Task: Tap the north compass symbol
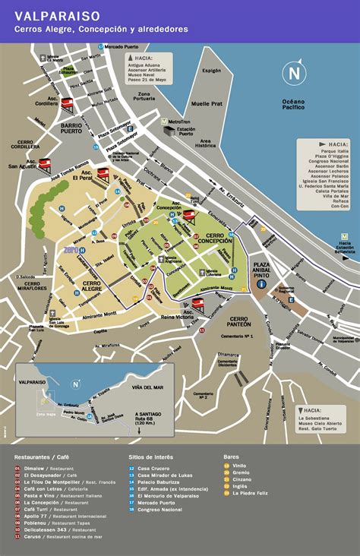click(x=294, y=74)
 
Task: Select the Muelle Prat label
click(x=206, y=103)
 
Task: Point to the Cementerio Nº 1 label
click(x=238, y=335)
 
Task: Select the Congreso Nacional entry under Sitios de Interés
click(x=160, y=510)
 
